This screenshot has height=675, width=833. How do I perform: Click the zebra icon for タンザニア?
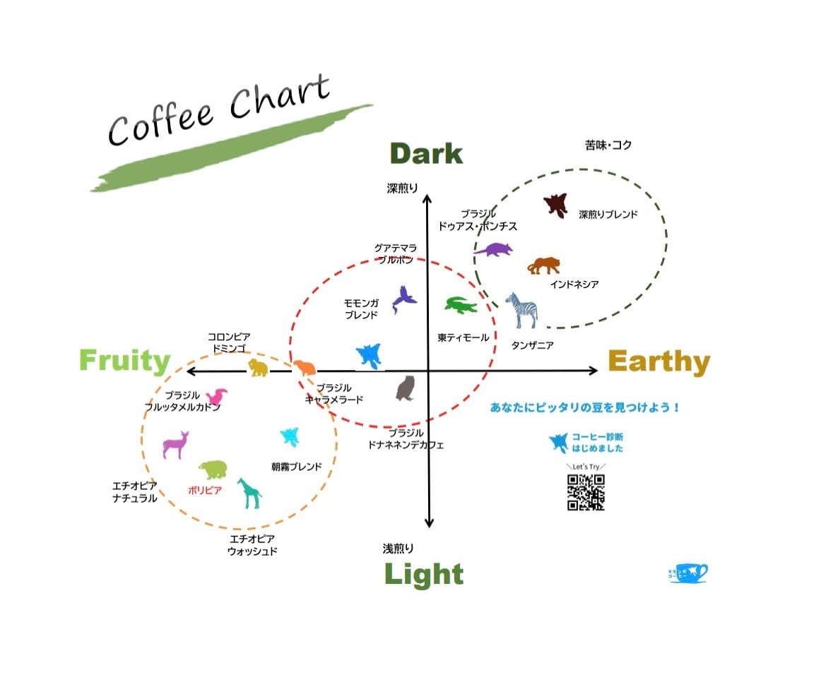(522, 311)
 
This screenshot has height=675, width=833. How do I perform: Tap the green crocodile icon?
(461, 306)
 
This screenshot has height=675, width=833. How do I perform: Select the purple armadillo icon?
(493, 249)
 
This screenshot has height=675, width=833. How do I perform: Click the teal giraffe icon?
(249, 493)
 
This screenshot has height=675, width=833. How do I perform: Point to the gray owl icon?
(406, 388)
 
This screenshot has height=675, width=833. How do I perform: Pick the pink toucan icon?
(216, 397)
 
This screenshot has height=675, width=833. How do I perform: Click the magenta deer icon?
(175, 445)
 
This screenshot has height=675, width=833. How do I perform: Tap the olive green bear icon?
(213, 469)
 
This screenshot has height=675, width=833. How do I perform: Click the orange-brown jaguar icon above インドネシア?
(544, 266)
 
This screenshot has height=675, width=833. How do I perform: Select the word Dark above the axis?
(426, 154)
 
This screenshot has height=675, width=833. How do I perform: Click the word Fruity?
(124, 360)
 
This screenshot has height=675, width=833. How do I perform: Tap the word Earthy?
(658, 362)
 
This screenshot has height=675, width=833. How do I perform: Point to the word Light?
(424, 574)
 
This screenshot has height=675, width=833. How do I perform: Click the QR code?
(586, 492)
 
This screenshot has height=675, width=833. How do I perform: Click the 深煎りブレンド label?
(608, 215)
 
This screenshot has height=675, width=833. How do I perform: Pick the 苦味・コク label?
(608, 145)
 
